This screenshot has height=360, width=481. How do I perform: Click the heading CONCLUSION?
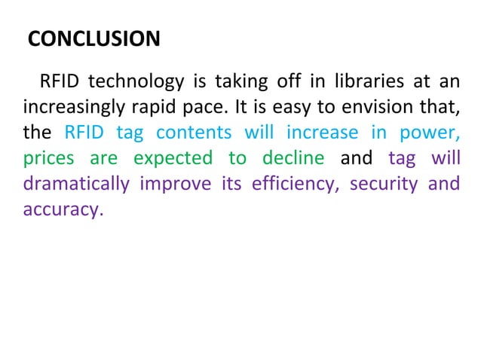pos(93,39)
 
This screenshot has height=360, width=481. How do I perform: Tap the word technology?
pos(136,81)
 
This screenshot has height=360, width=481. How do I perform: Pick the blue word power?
pos(430,133)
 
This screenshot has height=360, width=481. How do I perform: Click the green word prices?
pos(47,159)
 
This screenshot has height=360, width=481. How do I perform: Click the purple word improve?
pos(178,185)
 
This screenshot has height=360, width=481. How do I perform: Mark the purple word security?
pos(383,185)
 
